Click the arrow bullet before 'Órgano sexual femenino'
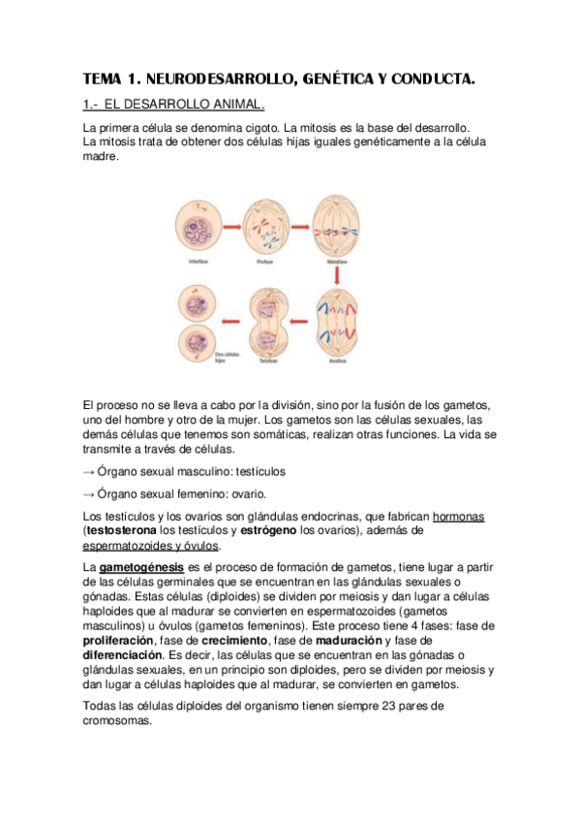(x=88, y=493)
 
